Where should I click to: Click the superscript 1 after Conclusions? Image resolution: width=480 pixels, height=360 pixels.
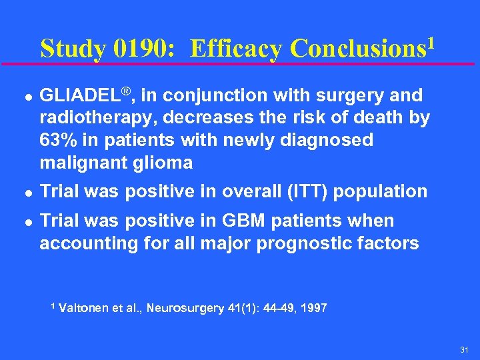point(432,43)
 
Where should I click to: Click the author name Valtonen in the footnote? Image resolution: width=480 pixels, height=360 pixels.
point(83,308)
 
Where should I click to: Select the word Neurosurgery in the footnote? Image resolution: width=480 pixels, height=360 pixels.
point(185,308)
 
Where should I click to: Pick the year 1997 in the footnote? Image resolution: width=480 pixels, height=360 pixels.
point(314,308)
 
